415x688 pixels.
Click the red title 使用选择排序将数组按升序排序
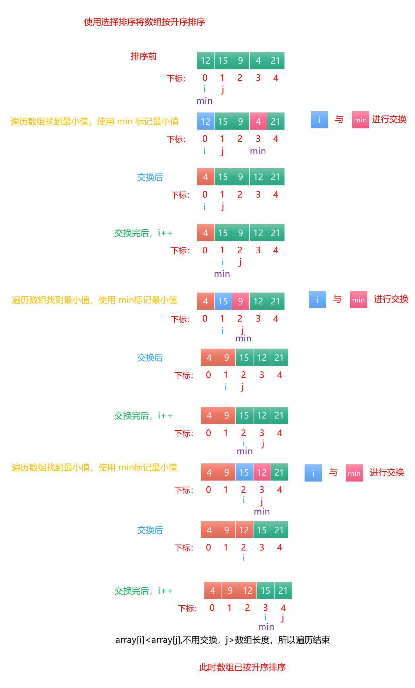pyautogui.click(x=144, y=22)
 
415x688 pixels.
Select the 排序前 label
pyautogui.click(x=143, y=56)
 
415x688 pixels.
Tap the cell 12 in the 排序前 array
pyautogui.click(x=205, y=60)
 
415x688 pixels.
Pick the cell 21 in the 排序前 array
pyautogui.click(x=276, y=60)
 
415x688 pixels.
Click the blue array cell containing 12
pyautogui.click(x=205, y=121)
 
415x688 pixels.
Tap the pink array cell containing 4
pyautogui.click(x=258, y=121)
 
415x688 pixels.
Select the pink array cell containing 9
pyautogui.click(x=240, y=301)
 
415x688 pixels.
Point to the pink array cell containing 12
pyautogui.click(x=262, y=472)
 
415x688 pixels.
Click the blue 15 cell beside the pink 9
pyautogui.click(x=223, y=301)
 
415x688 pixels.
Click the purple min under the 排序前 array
pyautogui.click(x=204, y=101)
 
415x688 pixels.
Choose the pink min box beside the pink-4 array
pyautogui.click(x=360, y=120)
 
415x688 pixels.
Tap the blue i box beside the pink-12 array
pyautogui.click(x=313, y=473)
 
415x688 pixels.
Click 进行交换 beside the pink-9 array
pyautogui.click(x=391, y=299)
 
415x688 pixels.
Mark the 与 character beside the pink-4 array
pyautogui.click(x=339, y=119)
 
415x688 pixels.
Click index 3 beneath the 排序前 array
pyautogui.click(x=258, y=78)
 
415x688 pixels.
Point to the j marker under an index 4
pyautogui.click(x=282, y=617)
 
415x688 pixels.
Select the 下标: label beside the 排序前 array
pyautogui.click(x=176, y=78)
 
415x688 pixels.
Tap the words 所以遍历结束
pyautogui.click(x=304, y=640)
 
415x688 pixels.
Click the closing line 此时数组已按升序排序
pyautogui.click(x=242, y=667)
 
